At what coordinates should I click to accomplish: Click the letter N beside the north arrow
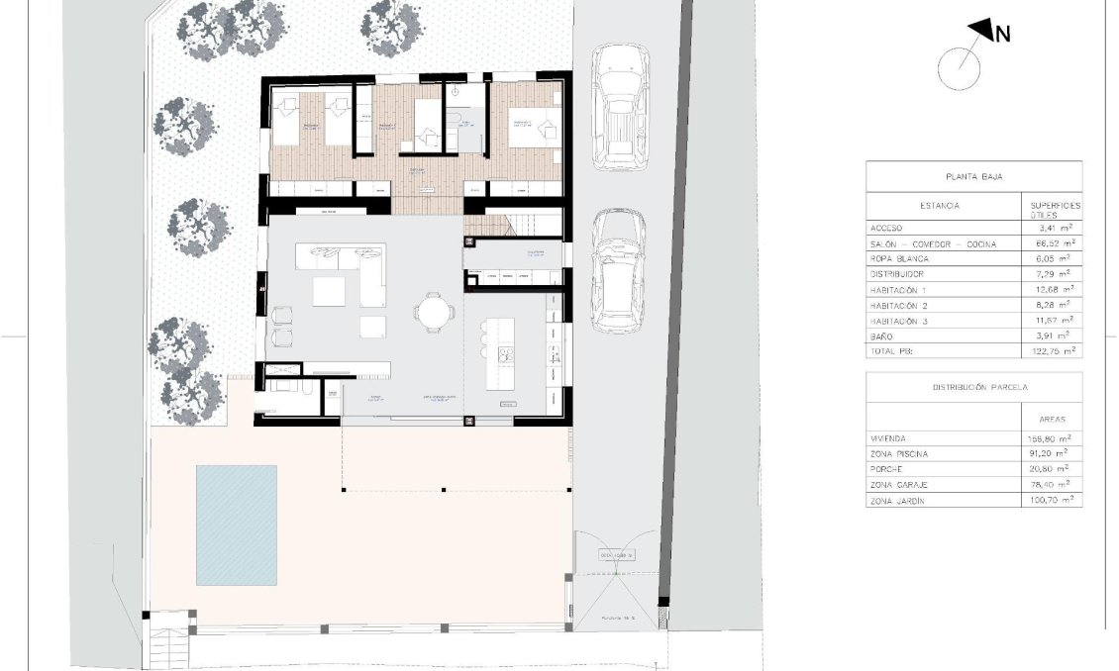point(1002,35)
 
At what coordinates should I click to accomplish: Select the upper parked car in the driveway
point(620,111)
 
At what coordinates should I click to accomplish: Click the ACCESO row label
point(886,228)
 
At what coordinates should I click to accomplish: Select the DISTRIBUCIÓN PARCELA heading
point(973,387)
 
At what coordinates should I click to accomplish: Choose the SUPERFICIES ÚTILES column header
point(1056,210)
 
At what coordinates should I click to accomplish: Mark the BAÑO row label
point(881,335)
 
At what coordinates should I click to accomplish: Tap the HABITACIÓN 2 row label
point(902,306)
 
